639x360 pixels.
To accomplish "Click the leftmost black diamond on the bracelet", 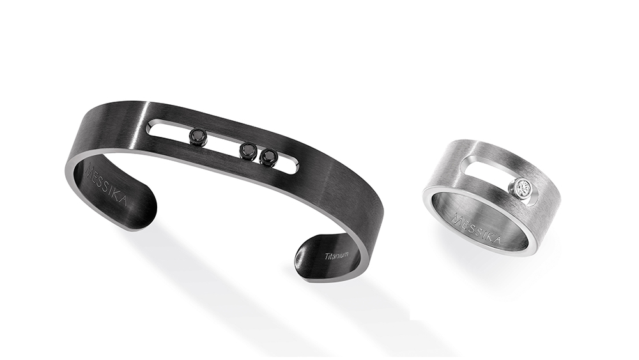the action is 199,135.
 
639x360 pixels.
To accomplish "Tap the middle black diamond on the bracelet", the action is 248,150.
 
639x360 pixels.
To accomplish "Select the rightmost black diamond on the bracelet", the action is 268,157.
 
